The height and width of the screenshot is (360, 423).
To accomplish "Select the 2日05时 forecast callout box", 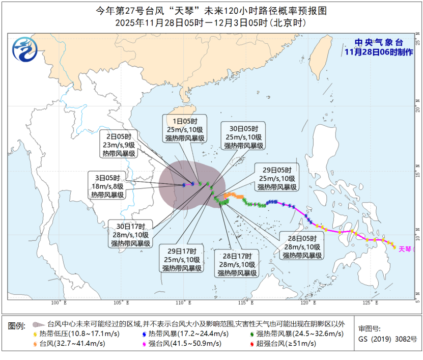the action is [x=119, y=145].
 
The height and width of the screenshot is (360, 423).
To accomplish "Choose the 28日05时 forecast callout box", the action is [x=303, y=246].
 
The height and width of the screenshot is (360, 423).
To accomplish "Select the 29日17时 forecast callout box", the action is [x=182, y=259].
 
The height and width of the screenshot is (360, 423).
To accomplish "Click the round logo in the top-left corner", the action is [x=25, y=50].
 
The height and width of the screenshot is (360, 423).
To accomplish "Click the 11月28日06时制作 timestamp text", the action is [x=378, y=52].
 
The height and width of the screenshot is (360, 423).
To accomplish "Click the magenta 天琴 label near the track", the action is [x=405, y=249].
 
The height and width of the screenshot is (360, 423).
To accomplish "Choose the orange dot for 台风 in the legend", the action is [x=36, y=344].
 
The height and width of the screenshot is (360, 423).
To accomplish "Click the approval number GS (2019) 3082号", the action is [x=387, y=339].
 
